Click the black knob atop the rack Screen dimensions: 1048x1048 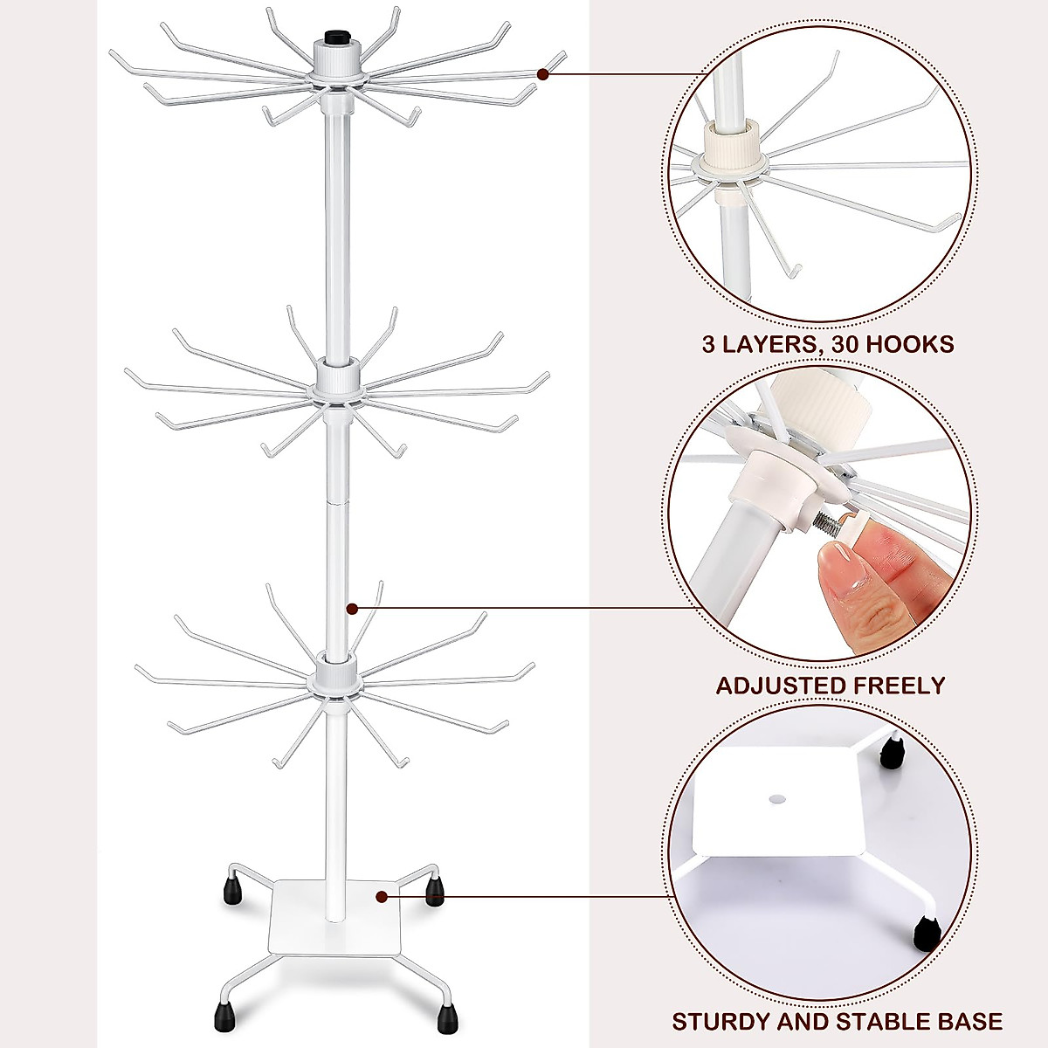[x=335, y=38]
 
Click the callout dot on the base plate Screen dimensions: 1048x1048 [x=382, y=896]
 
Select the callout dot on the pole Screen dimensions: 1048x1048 [x=351, y=608]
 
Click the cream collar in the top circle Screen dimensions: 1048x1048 [x=731, y=145]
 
